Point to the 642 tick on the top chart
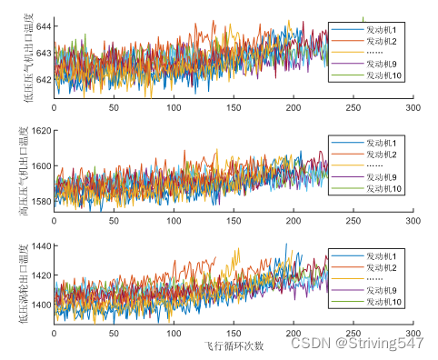(x=43, y=81)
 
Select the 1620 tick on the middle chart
(x=40, y=131)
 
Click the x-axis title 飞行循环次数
(x=234, y=346)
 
